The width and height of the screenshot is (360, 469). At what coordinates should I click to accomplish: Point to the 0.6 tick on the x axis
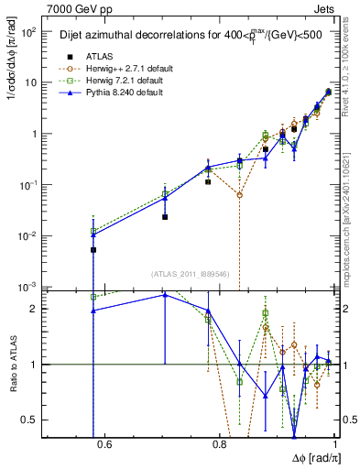[x=104, y=445]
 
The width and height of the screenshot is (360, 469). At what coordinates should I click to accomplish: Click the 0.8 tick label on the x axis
[x=219, y=445]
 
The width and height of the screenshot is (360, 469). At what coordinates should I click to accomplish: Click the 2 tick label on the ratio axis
[x=37, y=309]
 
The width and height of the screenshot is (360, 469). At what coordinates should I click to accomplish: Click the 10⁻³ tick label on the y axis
[x=29, y=287]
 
